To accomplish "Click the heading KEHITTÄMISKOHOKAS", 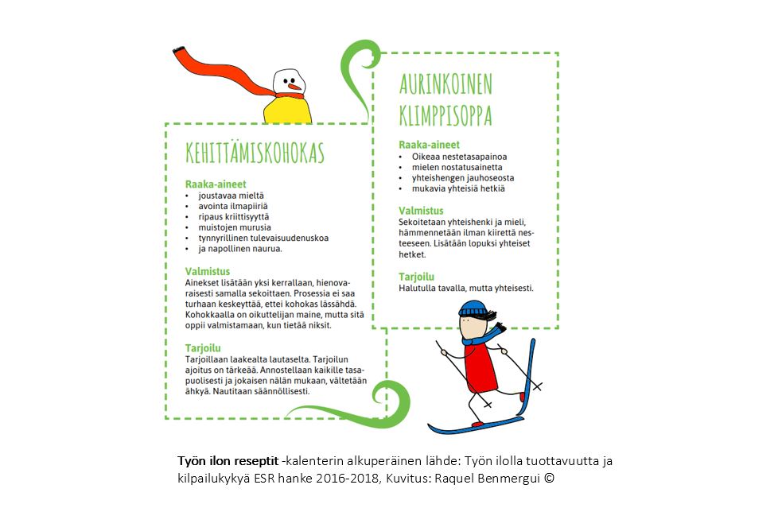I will (x=255, y=153).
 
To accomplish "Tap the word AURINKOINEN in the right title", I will (x=445, y=84).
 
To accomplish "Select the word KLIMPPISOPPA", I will (x=445, y=115).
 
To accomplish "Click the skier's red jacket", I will (x=482, y=366).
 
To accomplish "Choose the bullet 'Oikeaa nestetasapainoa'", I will (x=459, y=157).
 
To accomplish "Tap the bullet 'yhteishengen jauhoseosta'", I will (x=462, y=178).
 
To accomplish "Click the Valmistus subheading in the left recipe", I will (x=207, y=271).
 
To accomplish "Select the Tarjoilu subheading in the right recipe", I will (x=416, y=277).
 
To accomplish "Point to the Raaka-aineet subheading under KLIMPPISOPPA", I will (x=429, y=145).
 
